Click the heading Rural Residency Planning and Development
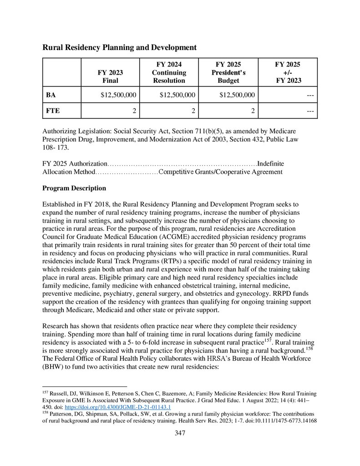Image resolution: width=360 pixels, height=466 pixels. pos(119,47)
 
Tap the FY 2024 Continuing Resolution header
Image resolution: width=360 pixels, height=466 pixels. pos(169,72)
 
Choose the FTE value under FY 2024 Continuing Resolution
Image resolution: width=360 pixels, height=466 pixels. pos(193,111)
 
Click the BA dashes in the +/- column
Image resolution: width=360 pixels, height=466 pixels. pos(312,95)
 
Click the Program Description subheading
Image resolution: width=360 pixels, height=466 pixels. pos(74,188)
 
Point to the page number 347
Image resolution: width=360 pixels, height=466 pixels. pos(180,433)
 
